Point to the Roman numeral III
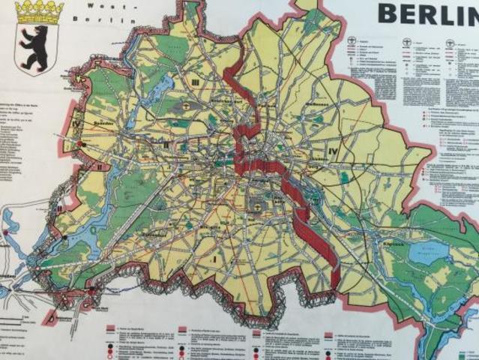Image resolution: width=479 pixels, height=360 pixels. (194, 82)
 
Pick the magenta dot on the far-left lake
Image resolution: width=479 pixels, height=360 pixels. (6, 232)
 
